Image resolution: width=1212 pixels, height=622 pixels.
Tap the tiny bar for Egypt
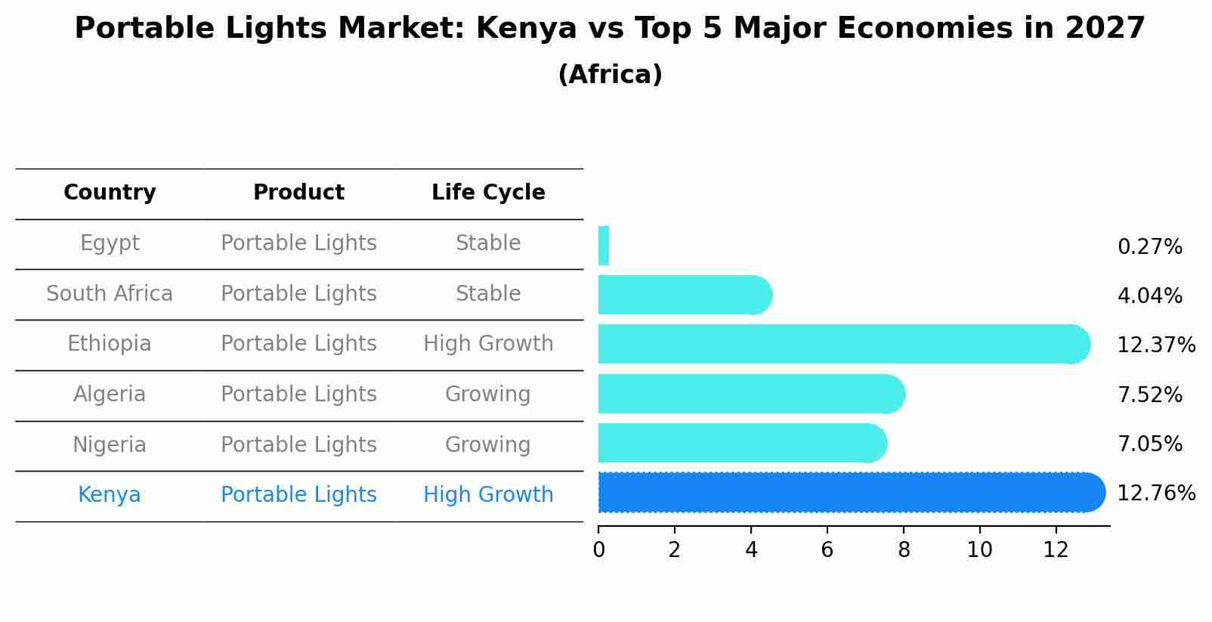[604, 246]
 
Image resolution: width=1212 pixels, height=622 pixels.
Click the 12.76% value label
[1155, 494]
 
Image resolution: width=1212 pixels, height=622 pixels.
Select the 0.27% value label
[1149, 247]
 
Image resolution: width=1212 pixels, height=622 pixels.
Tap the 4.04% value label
[1149, 296]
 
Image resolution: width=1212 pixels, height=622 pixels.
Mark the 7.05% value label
[1149, 444]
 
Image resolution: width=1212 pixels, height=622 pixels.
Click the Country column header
[110, 193]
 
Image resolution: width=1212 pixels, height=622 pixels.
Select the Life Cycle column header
[488, 193]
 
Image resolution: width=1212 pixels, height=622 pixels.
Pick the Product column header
[298, 193]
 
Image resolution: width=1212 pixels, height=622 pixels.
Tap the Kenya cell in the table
[110, 495]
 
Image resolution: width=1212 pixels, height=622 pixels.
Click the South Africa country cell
[110, 294]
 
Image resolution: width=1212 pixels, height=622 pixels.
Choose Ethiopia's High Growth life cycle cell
[488, 344]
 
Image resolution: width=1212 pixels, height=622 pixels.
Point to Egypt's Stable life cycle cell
[488, 243]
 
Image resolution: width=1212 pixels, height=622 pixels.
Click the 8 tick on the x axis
[904, 550]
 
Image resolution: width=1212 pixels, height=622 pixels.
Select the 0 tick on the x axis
[598, 550]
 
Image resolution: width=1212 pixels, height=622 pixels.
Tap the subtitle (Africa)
[610, 75]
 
